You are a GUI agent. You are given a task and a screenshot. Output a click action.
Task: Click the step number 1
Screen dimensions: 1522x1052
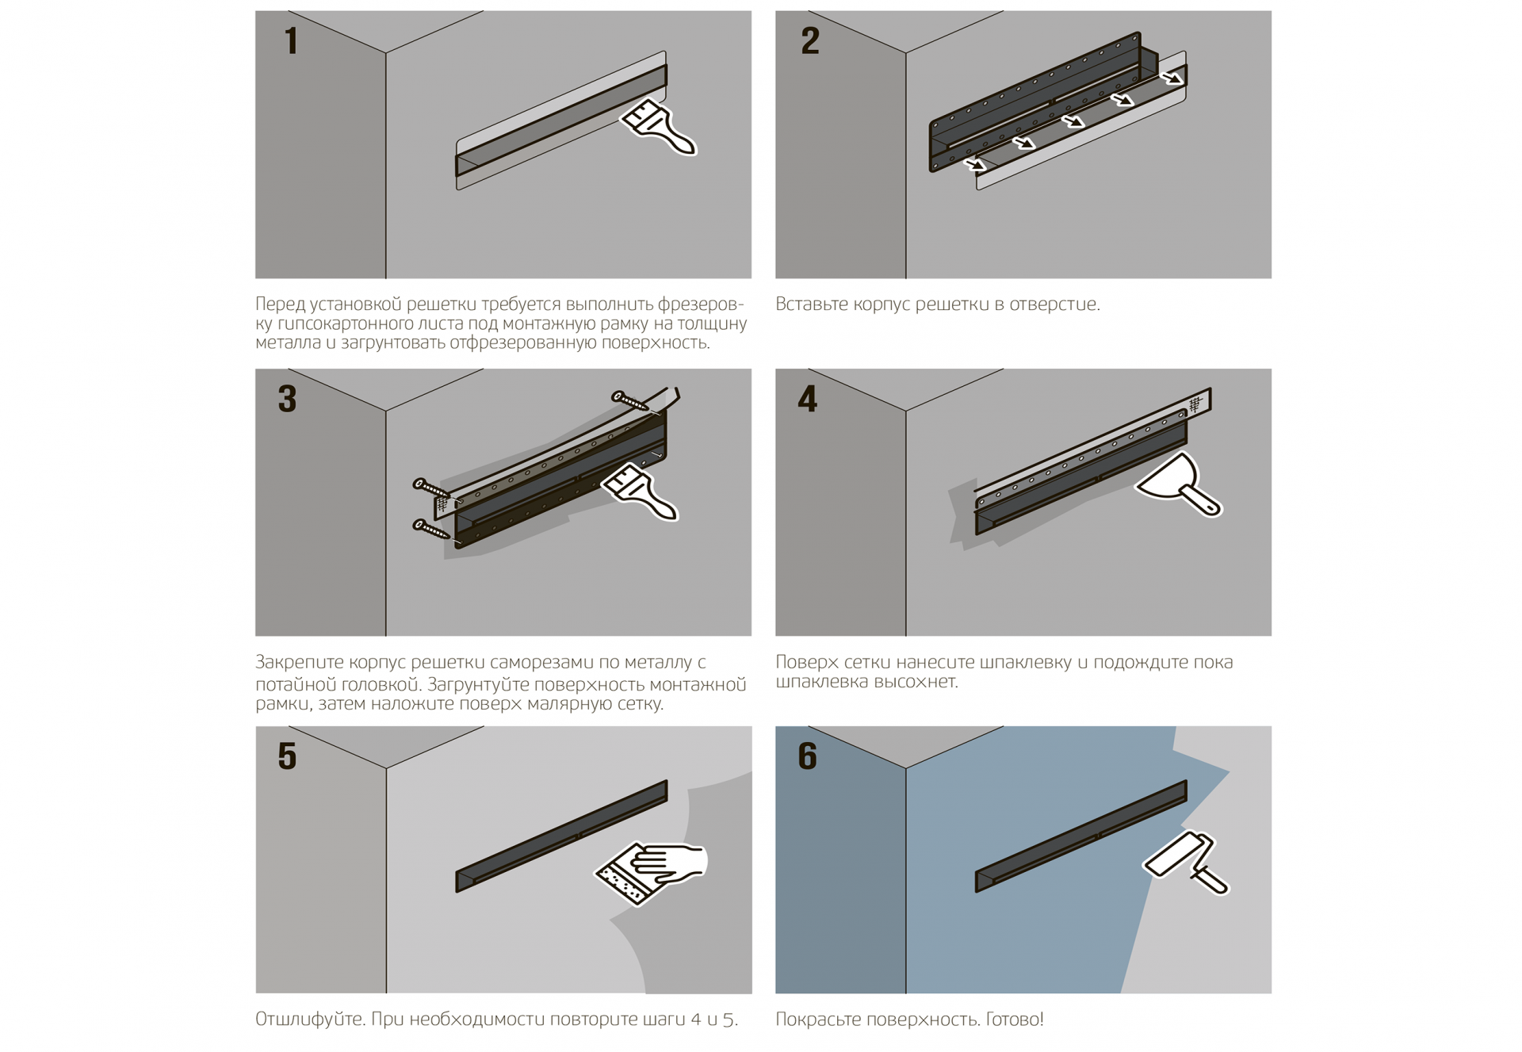click(292, 41)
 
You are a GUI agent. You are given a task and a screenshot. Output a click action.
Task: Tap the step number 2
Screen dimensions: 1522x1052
click(810, 41)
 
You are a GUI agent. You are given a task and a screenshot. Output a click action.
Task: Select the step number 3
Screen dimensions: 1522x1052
click(287, 399)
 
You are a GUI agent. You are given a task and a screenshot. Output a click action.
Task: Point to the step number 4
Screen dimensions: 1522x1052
click(808, 399)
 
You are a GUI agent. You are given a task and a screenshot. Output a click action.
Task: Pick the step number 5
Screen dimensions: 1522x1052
click(287, 756)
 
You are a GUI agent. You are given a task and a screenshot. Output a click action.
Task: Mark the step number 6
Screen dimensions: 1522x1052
click(808, 756)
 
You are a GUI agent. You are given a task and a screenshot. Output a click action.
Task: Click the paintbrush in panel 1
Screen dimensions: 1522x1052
click(658, 127)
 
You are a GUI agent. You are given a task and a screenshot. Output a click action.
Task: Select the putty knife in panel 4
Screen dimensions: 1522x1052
click(1179, 484)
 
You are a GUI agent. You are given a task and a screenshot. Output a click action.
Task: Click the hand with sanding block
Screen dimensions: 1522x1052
click(650, 872)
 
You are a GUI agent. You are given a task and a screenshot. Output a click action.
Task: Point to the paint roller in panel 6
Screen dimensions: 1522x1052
click(1185, 863)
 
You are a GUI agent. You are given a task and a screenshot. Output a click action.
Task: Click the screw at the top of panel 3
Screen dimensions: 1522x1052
click(631, 401)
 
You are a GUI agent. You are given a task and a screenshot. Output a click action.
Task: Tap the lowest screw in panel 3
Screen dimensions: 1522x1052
click(431, 529)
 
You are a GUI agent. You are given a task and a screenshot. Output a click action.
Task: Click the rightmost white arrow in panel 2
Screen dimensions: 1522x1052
click(1172, 78)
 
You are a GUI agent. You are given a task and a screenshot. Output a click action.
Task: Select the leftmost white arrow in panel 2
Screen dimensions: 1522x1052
click(976, 164)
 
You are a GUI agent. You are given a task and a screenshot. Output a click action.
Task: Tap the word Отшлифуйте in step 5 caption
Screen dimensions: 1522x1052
click(312, 1019)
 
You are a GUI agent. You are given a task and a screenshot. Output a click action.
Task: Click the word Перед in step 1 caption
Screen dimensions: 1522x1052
click(280, 305)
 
